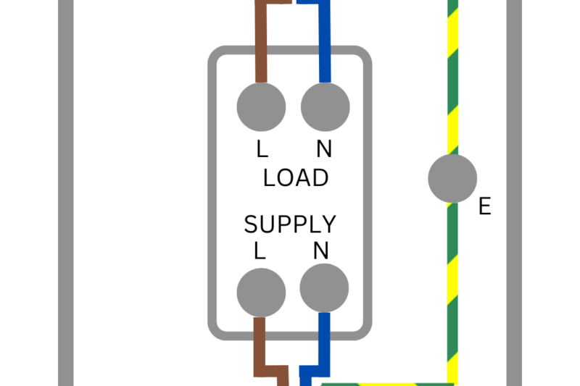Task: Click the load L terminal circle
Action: point(261,107)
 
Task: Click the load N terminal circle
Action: point(325,107)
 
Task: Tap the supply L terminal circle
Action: point(261,293)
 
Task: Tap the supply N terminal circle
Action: point(324,288)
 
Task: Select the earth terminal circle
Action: point(452,178)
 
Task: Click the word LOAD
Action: point(296,178)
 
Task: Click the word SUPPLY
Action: point(290,225)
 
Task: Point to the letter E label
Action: point(484,207)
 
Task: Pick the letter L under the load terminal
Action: point(262,149)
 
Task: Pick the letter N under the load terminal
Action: point(324,149)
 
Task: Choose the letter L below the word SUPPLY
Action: point(260,251)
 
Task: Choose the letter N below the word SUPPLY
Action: point(321,251)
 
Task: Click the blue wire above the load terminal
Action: point(325,43)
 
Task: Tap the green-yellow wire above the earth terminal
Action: point(452,80)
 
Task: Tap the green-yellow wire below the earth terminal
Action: point(452,290)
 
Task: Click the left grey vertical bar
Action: point(65,193)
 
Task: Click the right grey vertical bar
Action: point(514,193)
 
